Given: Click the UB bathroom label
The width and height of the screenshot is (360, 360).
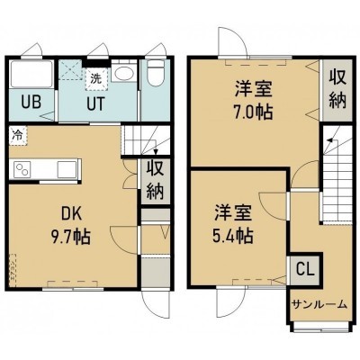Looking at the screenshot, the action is (x=31, y=103).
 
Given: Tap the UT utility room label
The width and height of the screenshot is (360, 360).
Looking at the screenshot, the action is (x=96, y=103).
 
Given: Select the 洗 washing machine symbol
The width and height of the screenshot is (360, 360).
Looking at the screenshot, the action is (x=96, y=79).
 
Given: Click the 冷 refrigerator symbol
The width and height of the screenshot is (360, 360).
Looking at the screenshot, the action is (x=17, y=135).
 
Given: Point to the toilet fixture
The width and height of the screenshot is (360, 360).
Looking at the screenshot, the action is (x=157, y=72).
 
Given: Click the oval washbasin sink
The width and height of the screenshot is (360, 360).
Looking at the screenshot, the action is (x=124, y=73).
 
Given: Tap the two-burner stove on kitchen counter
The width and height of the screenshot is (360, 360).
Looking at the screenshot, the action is (x=22, y=170).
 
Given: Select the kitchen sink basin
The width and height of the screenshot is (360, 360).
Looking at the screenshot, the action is (x=67, y=169).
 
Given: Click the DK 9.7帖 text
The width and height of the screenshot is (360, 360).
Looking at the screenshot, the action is (x=71, y=225).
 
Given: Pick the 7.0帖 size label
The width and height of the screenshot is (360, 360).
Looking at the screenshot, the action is (x=254, y=112).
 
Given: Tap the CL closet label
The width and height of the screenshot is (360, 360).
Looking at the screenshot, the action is (x=305, y=269).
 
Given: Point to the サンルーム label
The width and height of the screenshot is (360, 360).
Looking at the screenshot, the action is (x=319, y=305).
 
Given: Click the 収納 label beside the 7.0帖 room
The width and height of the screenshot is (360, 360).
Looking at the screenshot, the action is (x=337, y=89).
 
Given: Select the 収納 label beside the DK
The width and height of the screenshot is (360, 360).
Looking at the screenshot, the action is (x=155, y=180).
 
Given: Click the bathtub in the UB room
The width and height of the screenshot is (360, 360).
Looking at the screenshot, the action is (x=31, y=74).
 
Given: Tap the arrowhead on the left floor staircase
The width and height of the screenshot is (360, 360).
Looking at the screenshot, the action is (x=156, y=151).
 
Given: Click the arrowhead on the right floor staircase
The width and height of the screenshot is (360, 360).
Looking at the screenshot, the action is (x=329, y=139).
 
